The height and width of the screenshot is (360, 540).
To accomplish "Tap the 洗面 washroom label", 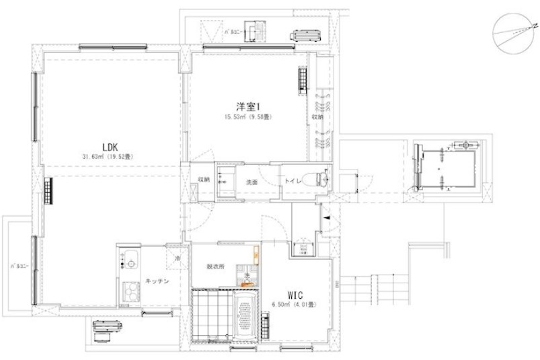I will (x=252, y=182).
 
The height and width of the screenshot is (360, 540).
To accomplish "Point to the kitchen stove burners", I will (x=128, y=291).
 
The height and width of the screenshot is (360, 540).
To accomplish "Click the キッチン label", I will (x=157, y=281).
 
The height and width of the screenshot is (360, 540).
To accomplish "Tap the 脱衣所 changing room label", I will (x=215, y=266).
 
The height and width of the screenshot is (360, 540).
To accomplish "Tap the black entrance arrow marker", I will (x=325, y=219).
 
